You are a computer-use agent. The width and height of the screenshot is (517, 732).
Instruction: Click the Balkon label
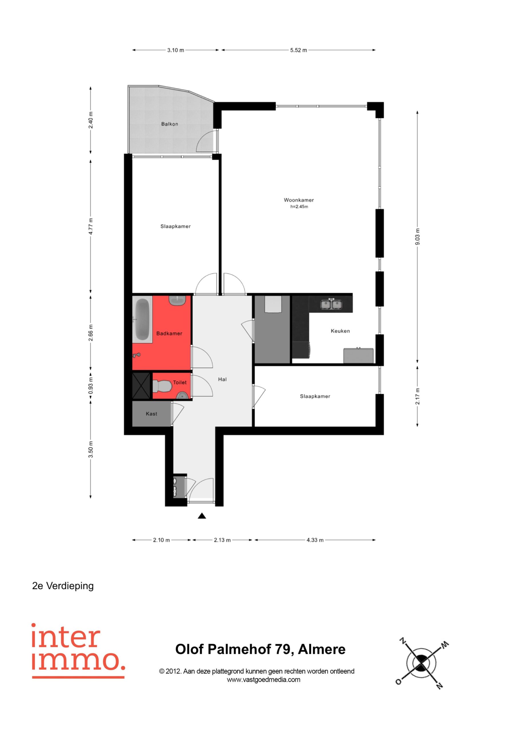(x=169, y=124)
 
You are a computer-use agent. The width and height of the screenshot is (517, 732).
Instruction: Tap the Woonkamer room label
(x=299, y=200)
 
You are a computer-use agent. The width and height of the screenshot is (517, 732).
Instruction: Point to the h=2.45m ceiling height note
(x=299, y=207)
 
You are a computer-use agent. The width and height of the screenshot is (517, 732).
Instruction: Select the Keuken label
(x=340, y=331)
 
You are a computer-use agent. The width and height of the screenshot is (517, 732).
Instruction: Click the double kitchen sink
(x=331, y=304)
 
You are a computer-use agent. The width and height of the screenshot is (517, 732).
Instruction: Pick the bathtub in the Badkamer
(x=143, y=319)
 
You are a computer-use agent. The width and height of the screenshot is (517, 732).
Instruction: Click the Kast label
(x=152, y=414)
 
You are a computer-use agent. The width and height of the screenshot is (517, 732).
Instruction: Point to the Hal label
(x=222, y=379)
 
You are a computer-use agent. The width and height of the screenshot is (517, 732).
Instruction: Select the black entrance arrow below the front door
(x=202, y=516)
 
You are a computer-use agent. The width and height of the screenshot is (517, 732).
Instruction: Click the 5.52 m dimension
(x=298, y=50)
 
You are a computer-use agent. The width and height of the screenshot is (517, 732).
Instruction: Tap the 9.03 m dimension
(x=418, y=237)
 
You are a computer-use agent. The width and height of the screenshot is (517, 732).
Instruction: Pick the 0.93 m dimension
(x=91, y=385)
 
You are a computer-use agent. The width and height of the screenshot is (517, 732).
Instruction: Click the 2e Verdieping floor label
(x=63, y=586)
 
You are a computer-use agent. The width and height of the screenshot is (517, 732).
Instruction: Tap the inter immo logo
(x=78, y=651)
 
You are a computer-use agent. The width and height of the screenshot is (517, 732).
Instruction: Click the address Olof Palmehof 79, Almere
(x=260, y=649)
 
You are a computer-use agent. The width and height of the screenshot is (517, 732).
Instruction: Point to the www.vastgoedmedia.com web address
(x=263, y=679)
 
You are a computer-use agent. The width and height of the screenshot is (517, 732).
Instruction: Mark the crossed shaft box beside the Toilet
(x=141, y=386)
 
